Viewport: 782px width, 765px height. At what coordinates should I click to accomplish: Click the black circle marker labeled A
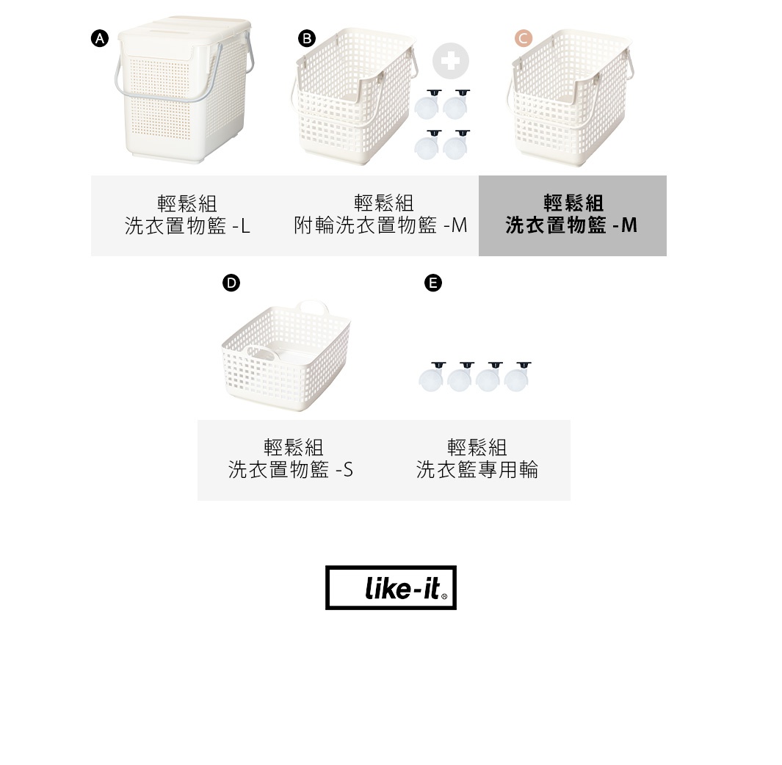(x=100, y=39)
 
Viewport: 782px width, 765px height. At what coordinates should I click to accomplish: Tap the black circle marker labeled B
(x=307, y=39)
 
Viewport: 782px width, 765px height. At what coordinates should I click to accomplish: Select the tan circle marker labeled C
(x=524, y=39)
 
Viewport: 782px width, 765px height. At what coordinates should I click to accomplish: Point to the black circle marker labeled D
(x=231, y=283)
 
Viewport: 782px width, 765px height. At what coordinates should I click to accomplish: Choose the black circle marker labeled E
(x=433, y=283)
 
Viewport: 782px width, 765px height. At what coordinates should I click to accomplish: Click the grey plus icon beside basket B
(x=450, y=61)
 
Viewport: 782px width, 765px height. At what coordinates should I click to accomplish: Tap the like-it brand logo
(x=391, y=587)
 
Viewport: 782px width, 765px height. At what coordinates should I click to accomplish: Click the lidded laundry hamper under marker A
(x=180, y=95)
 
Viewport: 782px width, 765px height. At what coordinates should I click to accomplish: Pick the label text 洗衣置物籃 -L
(x=187, y=226)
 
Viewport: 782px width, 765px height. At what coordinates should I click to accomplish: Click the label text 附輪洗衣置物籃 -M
(x=380, y=225)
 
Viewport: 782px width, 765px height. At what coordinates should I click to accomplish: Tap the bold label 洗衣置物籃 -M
(x=571, y=225)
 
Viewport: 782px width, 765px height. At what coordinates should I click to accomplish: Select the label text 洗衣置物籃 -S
(x=291, y=470)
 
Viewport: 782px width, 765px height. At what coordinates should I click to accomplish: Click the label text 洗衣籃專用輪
(x=477, y=470)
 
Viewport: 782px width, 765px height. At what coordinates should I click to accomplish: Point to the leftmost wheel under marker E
(x=431, y=377)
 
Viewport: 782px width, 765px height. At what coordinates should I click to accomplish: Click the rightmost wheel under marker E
(x=517, y=377)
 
